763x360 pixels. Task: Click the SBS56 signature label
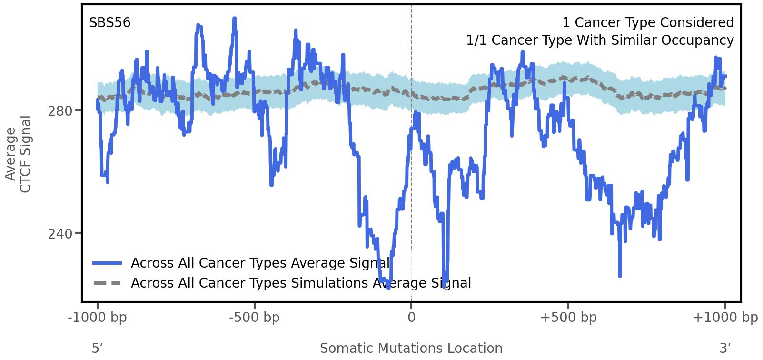[x=109, y=23]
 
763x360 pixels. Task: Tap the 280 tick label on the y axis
[x=60, y=111]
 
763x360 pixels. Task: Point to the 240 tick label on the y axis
[x=60, y=234]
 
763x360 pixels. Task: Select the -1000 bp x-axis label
[x=98, y=318]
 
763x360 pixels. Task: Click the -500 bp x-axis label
[x=254, y=318]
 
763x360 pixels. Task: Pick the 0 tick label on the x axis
[x=411, y=318]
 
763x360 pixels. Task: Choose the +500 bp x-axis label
[x=568, y=318]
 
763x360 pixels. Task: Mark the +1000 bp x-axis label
[x=725, y=318]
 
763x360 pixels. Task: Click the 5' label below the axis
[x=98, y=349]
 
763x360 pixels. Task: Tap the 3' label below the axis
[x=725, y=349]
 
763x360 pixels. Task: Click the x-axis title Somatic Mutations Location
[x=411, y=349]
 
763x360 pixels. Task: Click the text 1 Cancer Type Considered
[x=648, y=23]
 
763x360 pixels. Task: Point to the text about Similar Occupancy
[x=600, y=40]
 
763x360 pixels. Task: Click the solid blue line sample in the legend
[x=108, y=263]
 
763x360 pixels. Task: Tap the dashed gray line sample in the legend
[x=108, y=283]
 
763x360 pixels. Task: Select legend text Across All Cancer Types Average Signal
[x=260, y=263]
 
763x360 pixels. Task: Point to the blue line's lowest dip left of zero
[x=388, y=287]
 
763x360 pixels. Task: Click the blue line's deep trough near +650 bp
[x=620, y=275]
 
